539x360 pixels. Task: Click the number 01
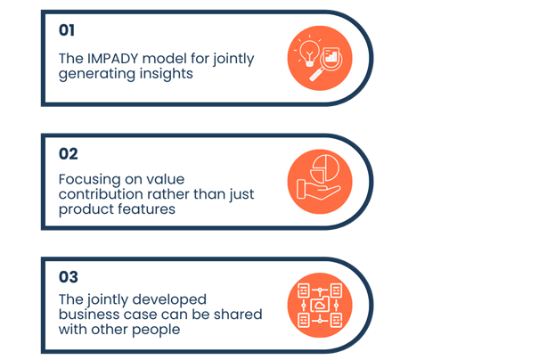[67, 30]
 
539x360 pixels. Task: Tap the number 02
[69, 153]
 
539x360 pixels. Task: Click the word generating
[95, 74]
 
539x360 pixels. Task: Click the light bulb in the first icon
[309, 46]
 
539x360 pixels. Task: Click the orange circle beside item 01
[320, 56]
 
